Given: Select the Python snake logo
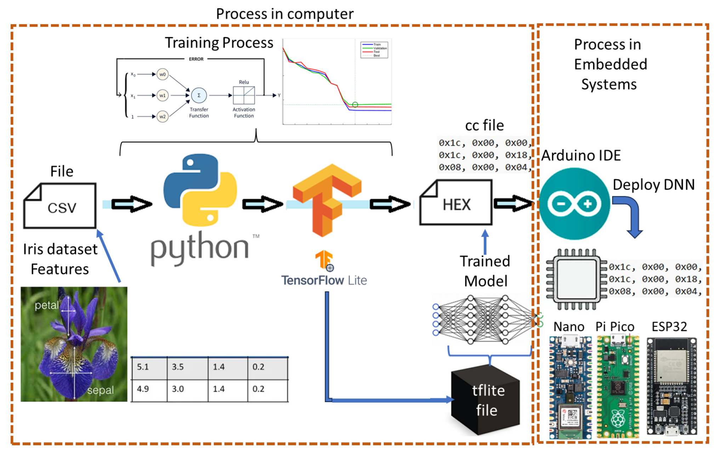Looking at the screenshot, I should coord(200,190).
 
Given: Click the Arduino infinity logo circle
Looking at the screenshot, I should coord(574,204).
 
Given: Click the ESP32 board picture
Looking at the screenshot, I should coord(671,386).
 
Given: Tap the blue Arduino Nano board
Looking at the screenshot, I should coord(570,388).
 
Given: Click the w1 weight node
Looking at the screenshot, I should coord(163,95).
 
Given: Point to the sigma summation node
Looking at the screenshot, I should coord(199,95).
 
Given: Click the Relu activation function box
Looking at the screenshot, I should coord(244,95).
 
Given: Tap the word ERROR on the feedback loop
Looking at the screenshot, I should coord(196,59).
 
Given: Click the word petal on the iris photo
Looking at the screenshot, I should coord(46,305).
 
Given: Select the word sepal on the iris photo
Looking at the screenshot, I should coord(101,390).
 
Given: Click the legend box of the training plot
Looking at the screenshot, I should coord(374,50).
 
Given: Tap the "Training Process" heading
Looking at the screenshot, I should coord(219,43).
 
